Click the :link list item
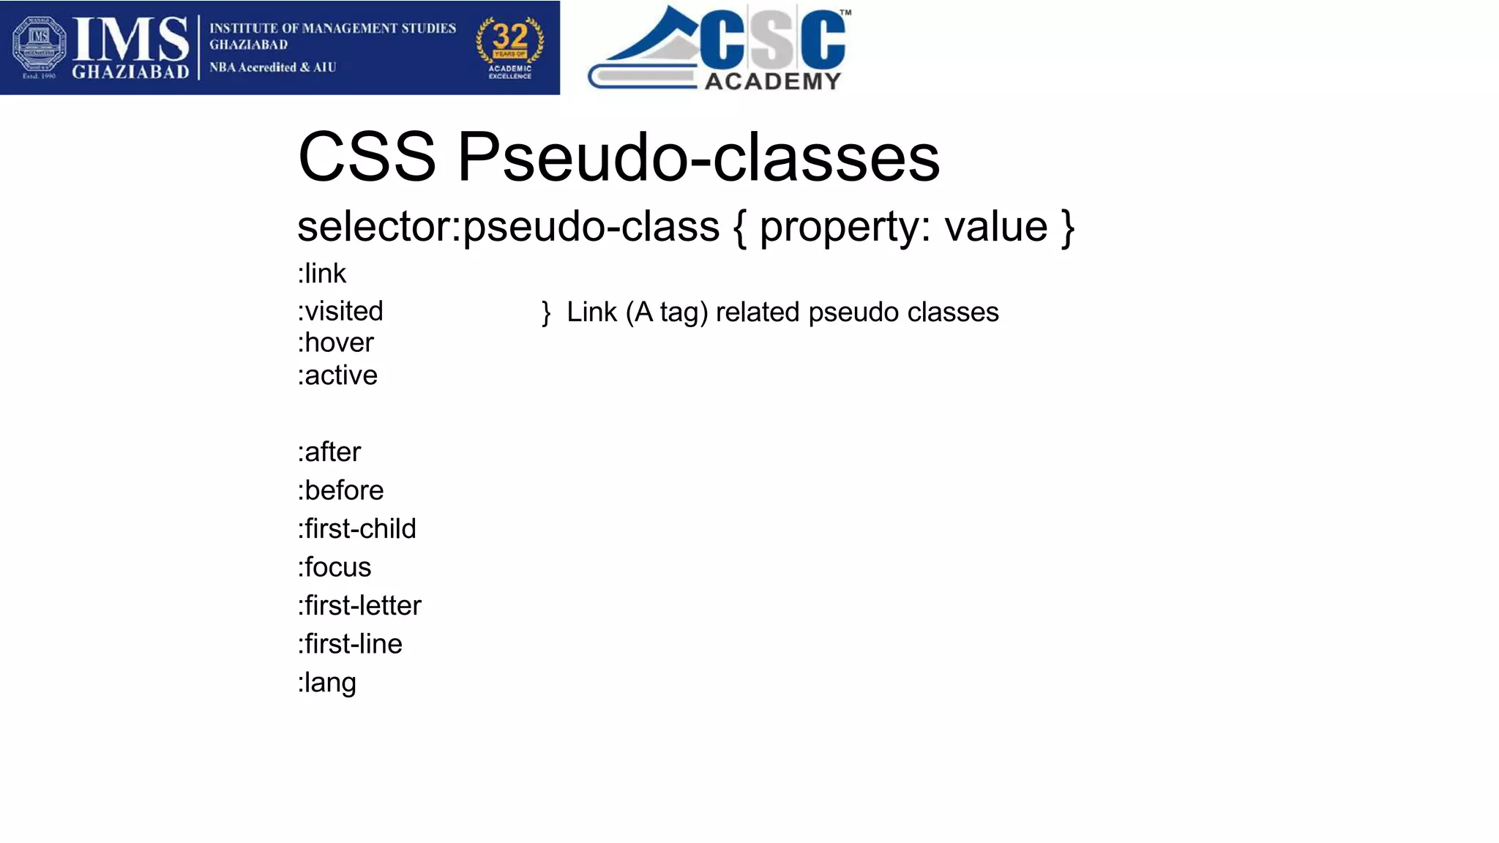pyautogui.click(x=322, y=274)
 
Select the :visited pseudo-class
pyautogui.click(x=340, y=312)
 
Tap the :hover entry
pyautogui.click(x=336, y=343)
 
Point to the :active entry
pyautogui.click(x=337, y=375)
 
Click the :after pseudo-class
pyautogui.click(x=329, y=452)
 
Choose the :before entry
pyautogui.click(x=340, y=490)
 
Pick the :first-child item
pyautogui.click(x=356, y=529)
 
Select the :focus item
pyautogui.click(x=334, y=567)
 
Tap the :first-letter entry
pyautogui.click(x=359, y=606)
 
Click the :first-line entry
pyautogui.click(x=350, y=644)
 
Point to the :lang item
pyautogui.click(x=327, y=683)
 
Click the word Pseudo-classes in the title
pyautogui.click(x=698, y=157)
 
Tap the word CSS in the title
pyautogui.click(x=367, y=157)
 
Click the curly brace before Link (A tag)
pyautogui.click(x=546, y=312)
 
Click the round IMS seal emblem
pyautogui.click(x=39, y=44)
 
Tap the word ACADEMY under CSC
pyautogui.click(x=773, y=81)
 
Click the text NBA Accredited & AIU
pyautogui.click(x=273, y=67)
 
